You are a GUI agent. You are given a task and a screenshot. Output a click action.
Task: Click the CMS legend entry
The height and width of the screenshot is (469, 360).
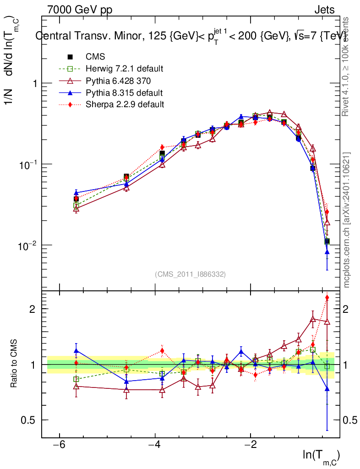(x=95, y=57)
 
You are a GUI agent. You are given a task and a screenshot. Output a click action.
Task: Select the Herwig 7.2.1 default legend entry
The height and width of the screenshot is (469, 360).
(x=124, y=69)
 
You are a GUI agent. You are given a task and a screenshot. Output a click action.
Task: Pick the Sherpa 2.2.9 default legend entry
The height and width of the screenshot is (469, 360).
(x=125, y=104)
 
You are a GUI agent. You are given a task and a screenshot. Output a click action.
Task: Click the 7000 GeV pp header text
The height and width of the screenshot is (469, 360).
(x=80, y=10)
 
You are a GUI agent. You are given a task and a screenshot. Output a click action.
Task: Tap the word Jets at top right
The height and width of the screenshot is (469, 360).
(x=324, y=10)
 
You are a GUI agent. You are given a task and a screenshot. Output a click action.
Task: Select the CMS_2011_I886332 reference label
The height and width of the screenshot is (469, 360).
(x=190, y=274)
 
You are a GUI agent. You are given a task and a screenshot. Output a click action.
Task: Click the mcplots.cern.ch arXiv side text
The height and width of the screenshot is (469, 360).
(x=347, y=220)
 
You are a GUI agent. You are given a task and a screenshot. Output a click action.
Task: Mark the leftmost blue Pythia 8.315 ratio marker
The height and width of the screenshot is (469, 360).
(x=76, y=351)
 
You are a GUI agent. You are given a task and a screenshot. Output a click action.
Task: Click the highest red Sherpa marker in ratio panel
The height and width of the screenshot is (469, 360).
(x=327, y=298)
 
